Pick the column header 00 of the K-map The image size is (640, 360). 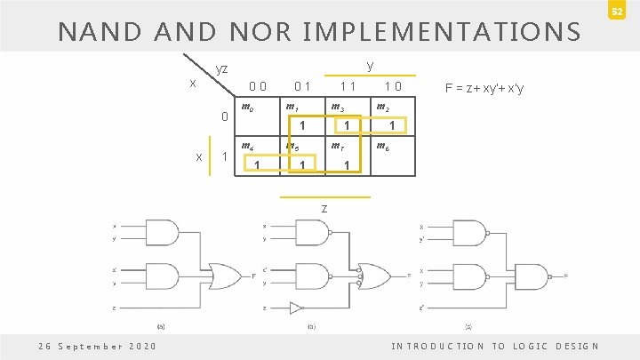(259, 87)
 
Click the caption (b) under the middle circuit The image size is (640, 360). (311, 326)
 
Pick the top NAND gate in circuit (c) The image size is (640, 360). (468, 233)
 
